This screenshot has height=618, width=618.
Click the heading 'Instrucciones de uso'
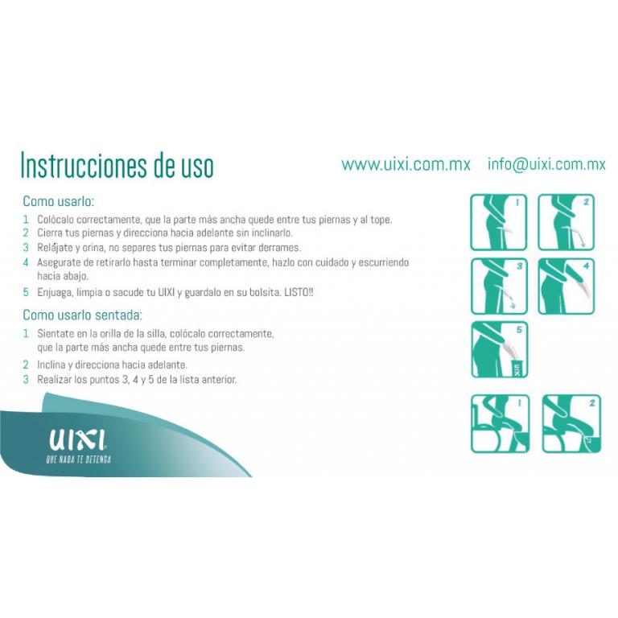click(117, 166)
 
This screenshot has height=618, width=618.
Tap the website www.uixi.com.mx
click(406, 164)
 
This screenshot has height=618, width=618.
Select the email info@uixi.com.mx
click(546, 164)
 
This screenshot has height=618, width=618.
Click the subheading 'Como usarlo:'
click(58, 201)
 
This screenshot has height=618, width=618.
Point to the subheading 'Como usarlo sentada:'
click(82, 315)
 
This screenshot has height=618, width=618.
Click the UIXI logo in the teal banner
click(77, 440)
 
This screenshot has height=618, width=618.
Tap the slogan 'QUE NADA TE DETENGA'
click(79, 459)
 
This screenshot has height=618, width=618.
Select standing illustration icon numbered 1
click(499, 222)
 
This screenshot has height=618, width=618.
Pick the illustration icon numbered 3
click(499, 286)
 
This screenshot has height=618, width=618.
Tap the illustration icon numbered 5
click(499, 349)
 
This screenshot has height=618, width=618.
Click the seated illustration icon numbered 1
click(500, 423)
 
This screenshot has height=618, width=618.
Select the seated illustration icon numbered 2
click(571, 423)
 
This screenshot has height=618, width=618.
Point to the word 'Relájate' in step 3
click(55, 248)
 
